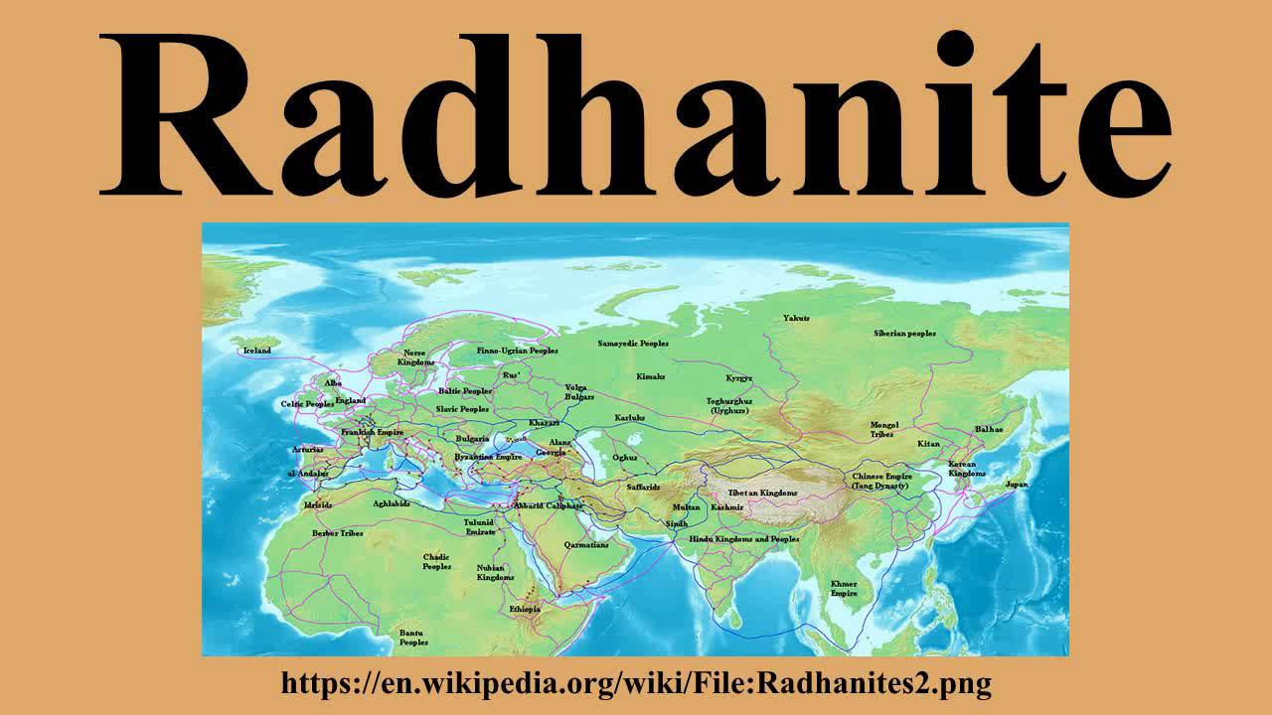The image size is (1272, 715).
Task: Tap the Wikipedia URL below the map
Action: click(x=636, y=683)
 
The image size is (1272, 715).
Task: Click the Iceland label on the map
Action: click(x=256, y=351)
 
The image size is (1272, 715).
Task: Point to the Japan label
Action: click(x=1017, y=485)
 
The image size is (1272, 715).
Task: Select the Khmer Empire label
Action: click(x=844, y=588)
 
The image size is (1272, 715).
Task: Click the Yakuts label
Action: click(x=796, y=319)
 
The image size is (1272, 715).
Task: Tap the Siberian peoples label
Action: click(x=904, y=334)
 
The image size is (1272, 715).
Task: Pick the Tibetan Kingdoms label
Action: click(x=762, y=493)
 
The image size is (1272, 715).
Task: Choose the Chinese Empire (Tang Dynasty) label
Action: click(x=880, y=481)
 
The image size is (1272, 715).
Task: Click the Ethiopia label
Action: click(x=525, y=608)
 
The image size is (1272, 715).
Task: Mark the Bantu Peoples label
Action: click(x=413, y=638)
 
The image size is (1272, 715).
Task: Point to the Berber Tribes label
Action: click(x=338, y=533)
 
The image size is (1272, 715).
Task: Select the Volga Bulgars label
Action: click(x=580, y=391)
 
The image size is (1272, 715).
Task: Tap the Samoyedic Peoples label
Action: click(x=633, y=344)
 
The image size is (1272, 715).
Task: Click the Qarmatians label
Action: click(x=586, y=545)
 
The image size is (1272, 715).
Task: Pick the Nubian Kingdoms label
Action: click(x=496, y=571)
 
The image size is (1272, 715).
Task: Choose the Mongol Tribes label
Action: click(x=883, y=429)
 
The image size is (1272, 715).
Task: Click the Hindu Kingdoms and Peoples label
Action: click(x=744, y=539)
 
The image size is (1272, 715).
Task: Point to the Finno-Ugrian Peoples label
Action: click(x=517, y=351)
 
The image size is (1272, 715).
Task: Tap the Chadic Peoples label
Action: click(x=437, y=562)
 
